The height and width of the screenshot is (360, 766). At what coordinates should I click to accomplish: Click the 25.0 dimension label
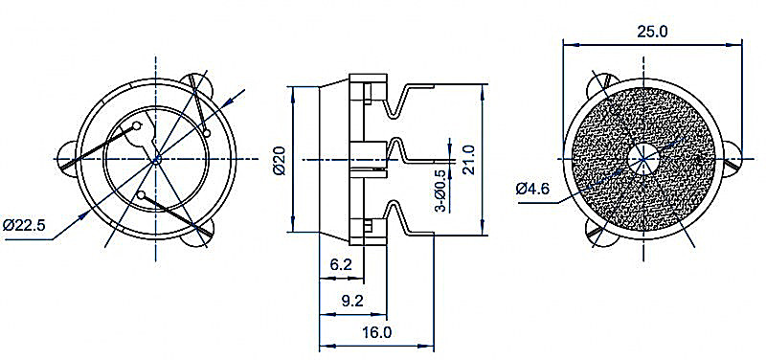click(652, 32)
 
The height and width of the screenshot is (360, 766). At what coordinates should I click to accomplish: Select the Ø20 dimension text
click(280, 160)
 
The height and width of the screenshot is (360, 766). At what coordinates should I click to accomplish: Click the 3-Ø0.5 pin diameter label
click(440, 191)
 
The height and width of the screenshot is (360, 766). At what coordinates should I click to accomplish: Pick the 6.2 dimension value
click(341, 265)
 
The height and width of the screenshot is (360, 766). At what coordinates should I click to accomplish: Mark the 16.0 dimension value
click(376, 332)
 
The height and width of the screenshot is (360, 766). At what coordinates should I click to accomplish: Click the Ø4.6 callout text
click(533, 188)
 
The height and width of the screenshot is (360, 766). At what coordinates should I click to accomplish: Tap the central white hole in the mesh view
click(643, 159)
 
